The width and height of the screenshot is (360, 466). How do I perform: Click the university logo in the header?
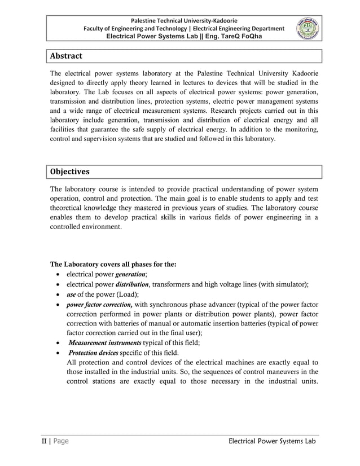click(x=308, y=27)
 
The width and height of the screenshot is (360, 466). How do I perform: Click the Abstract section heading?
click(x=66, y=56)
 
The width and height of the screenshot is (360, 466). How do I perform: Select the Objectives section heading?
click(x=70, y=171)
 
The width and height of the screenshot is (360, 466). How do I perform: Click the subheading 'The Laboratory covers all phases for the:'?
click(x=113, y=263)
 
